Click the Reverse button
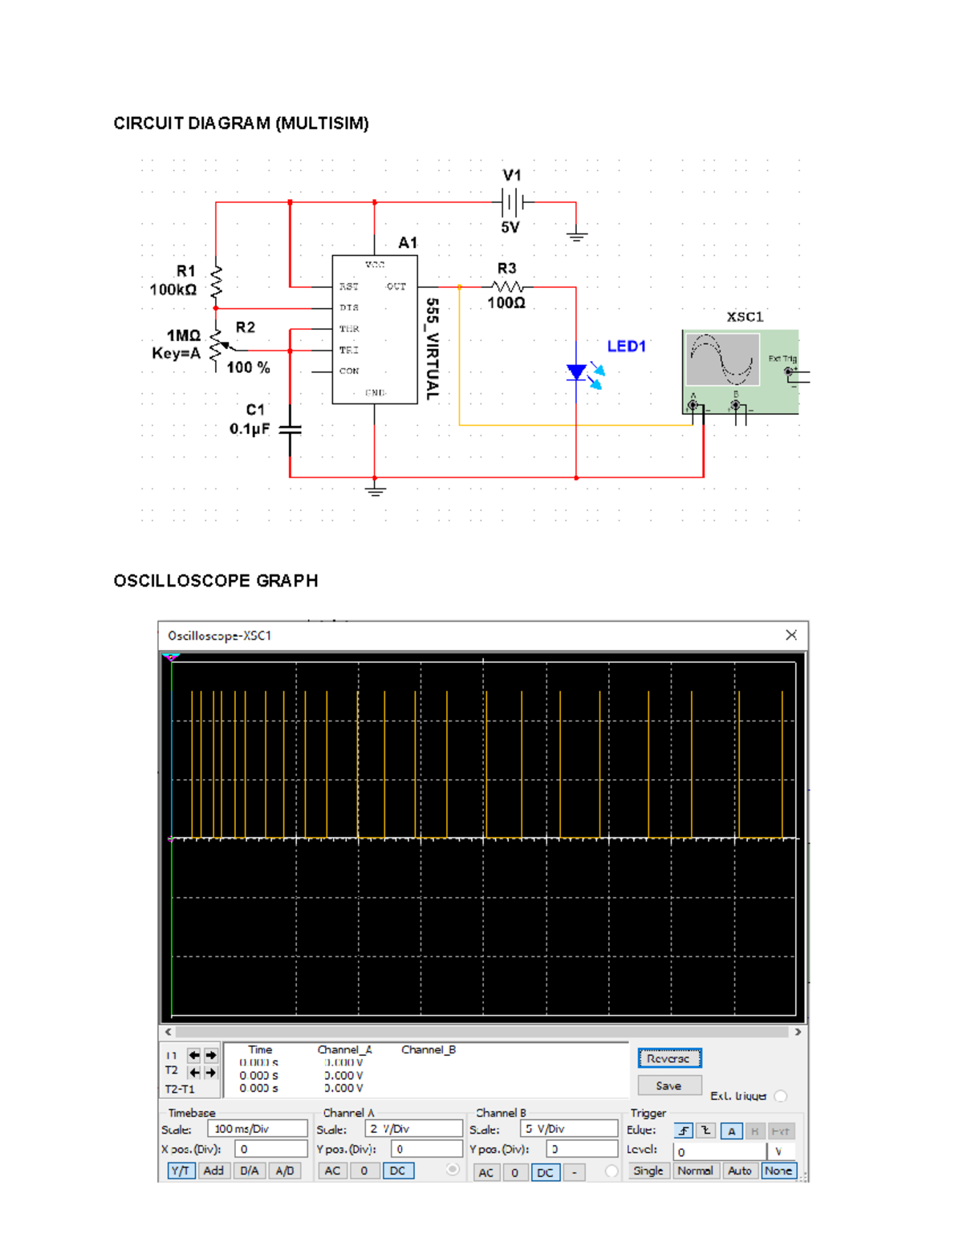click(669, 1058)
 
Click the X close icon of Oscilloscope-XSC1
click(791, 635)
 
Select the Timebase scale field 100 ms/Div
click(257, 1128)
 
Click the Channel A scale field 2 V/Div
click(413, 1128)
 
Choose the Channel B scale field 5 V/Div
click(568, 1128)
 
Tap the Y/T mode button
click(181, 1171)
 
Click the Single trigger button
click(648, 1171)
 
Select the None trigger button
click(778, 1171)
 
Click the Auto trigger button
click(739, 1171)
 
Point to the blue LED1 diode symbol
click(576, 372)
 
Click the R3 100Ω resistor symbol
click(507, 286)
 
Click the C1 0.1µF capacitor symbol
click(290, 430)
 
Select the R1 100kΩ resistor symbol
click(216, 282)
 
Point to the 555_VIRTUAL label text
click(432, 349)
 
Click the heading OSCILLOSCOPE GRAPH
click(215, 581)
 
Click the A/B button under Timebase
click(285, 1171)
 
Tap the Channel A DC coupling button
click(398, 1171)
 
